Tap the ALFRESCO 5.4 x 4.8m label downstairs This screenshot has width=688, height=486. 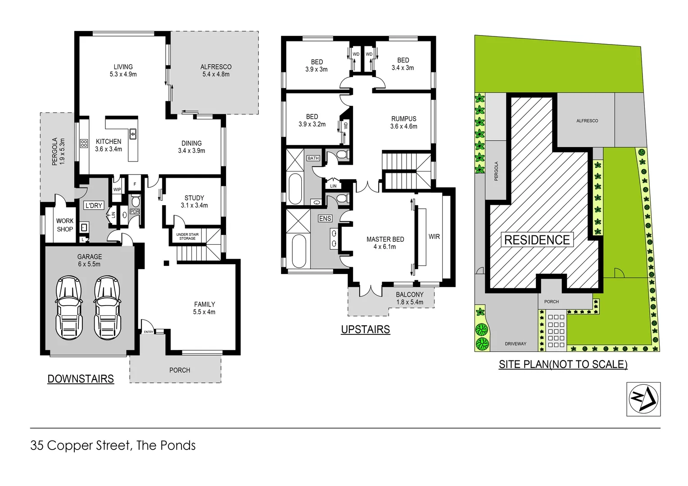pyautogui.click(x=216, y=70)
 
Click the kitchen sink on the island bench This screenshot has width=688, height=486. pyautogui.click(x=133, y=134)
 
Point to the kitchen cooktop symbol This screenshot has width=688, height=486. pyautogui.click(x=84, y=144)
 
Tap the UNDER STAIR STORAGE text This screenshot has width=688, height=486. pyautogui.click(x=187, y=236)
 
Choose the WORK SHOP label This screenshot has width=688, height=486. pyautogui.click(x=65, y=225)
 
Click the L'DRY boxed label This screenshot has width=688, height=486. pyautogui.click(x=94, y=206)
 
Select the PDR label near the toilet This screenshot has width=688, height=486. pyautogui.click(x=135, y=211)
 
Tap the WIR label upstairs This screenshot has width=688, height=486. pyautogui.click(x=434, y=236)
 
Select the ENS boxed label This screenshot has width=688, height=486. pyautogui.click(x=325, y=218)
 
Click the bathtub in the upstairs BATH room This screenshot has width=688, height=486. pyautogui.click(x=295, y=189)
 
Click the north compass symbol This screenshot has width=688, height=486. pyautogui.click(x=643, y=399)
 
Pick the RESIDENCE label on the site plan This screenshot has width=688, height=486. pyautogui.click(x=537, y=240)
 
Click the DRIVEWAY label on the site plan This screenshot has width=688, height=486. pyautogui.click(x=516, y=344)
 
